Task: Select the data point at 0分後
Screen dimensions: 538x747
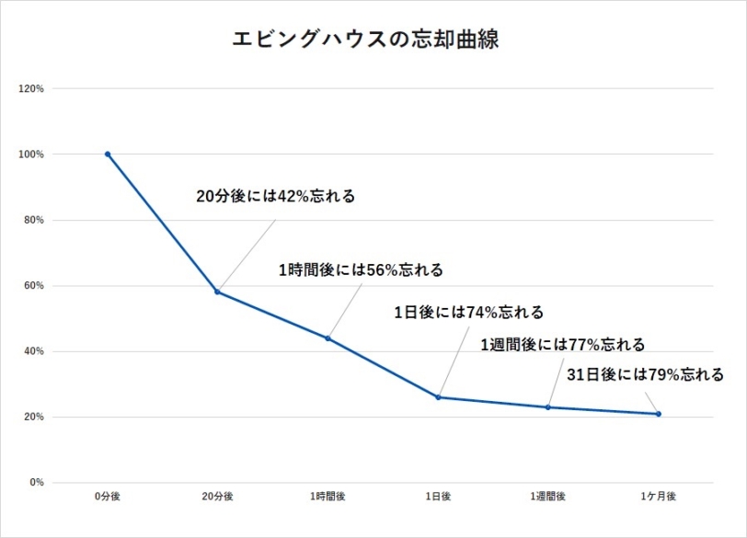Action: coord(108,154)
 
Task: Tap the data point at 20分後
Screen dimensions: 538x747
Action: coord(217,292)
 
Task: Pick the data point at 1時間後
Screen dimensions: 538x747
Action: coord(328,338)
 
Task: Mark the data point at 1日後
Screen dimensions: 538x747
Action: coord(438,397)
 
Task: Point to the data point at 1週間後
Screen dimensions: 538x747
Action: coord(548,407)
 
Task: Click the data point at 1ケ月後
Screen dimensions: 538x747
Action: coord(659,414)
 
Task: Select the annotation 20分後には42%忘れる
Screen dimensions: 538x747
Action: coord(275,196)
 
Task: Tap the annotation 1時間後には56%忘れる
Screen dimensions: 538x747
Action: coord(361,270)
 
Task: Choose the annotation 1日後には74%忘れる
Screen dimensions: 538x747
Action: coord(468,313)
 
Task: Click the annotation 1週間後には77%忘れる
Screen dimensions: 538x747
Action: coord(563,345)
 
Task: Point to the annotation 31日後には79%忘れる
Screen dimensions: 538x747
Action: coord(644,374)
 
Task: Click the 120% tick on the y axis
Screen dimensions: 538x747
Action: coord(32,88)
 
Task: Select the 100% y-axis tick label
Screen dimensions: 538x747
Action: coord(32,155)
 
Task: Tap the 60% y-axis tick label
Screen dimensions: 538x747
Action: coord(34,285)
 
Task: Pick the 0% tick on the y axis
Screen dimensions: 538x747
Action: coord(37,483)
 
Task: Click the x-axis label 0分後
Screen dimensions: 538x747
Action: coord(108,497)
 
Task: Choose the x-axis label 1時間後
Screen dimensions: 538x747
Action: coord(328,497)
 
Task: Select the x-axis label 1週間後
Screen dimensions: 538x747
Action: coord(548,497)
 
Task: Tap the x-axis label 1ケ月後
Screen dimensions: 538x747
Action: coord(659,497)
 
